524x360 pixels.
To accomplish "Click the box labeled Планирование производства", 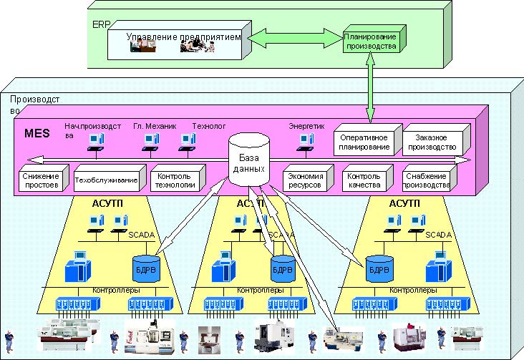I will (x=369, y=40).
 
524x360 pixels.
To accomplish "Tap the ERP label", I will (x=101, y=24).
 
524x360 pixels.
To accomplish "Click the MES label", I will (x=37, y=132).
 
